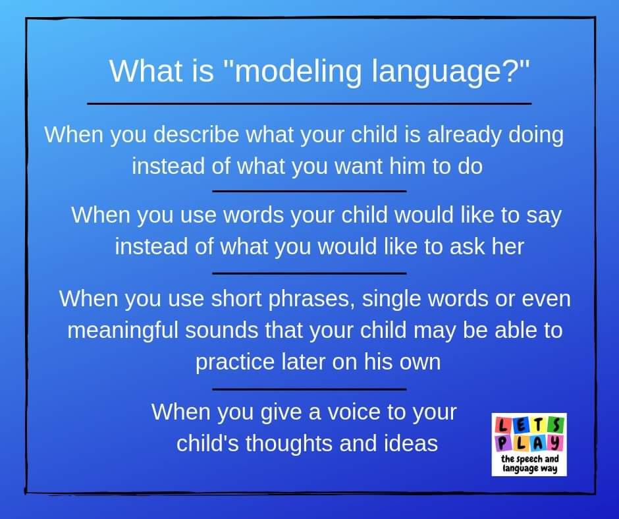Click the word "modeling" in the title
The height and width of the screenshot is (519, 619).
pos(297,72)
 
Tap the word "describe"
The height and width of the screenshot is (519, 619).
pos(196,134)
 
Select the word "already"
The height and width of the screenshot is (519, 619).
pos(464,135)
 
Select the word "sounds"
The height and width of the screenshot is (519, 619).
pos(221,330)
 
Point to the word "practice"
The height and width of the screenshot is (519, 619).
pos(235,362)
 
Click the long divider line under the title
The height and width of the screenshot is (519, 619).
pos(309,104)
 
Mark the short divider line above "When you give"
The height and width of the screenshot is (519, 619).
pos(309,389)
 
